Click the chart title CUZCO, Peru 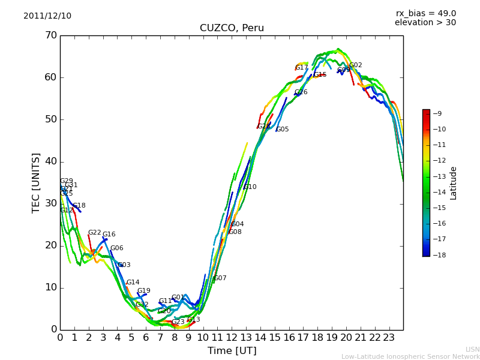click(232, 28)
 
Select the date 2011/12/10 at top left click(47, 16)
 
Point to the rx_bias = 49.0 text click(425, 13)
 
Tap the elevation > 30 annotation click(425, 23)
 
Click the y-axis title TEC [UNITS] click(36, 182)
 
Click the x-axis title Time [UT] click(232, 350)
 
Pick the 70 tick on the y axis click(50, 35)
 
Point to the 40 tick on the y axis click(50, 161)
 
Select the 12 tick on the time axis click(232, 338)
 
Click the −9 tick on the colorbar click(437, 113)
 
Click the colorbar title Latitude click(454, 183)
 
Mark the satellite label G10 click(250, 187)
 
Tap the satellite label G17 click(301, 68)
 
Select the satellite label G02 click(355, 65)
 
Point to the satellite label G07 click(220, 278)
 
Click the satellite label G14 click(133, 283)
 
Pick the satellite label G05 click(282, 130)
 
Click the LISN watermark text click(472, 349)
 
